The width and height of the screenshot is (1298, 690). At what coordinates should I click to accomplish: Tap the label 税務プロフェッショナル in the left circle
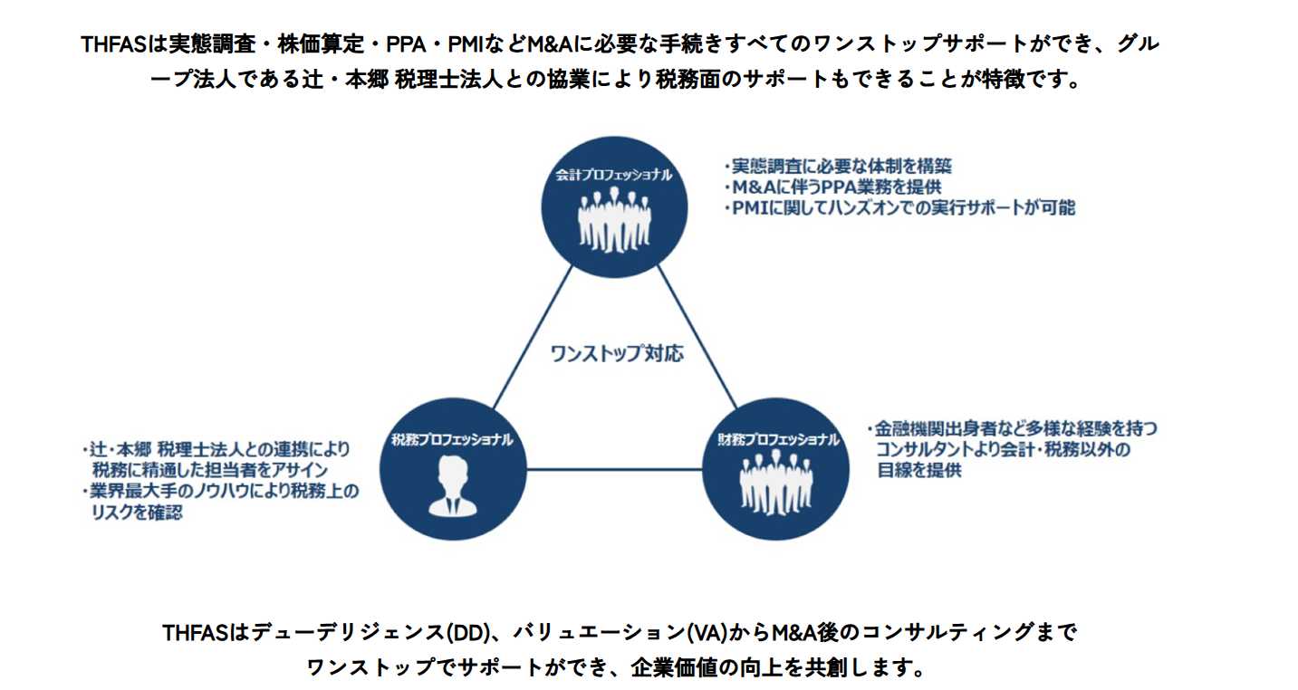tap(452, 440)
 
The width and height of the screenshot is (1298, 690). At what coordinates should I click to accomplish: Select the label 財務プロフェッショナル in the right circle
tap(777, 440)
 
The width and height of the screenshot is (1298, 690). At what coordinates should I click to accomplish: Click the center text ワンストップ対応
tap(617, 353)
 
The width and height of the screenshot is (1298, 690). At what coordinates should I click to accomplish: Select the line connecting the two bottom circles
tap(614, 468)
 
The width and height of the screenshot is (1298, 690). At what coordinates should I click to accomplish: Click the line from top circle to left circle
tap(534, 340)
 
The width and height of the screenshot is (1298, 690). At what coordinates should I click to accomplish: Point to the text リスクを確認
tap(137, 513)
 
